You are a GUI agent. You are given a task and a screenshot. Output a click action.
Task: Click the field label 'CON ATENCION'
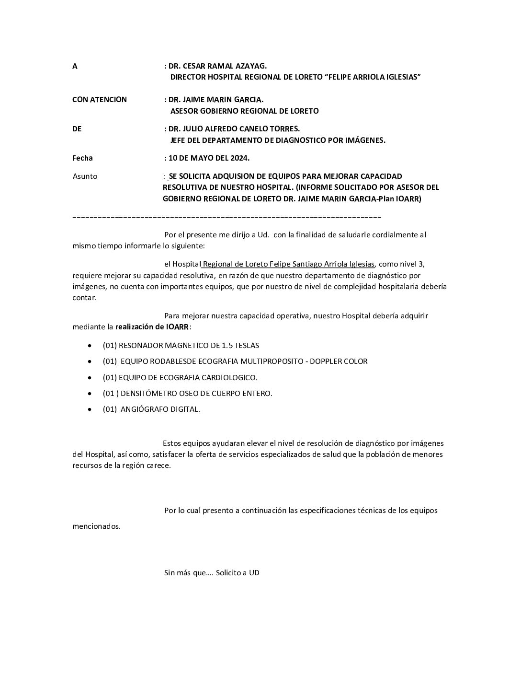tap(100, 100)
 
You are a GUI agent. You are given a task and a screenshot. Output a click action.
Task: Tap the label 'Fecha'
tap(82, 158)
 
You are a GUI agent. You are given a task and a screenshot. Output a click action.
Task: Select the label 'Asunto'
tap(85, 176)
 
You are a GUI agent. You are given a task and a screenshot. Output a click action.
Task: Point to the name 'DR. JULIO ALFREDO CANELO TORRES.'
tap(234, 129)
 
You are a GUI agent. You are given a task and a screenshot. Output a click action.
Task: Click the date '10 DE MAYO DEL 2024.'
tap(209, 158)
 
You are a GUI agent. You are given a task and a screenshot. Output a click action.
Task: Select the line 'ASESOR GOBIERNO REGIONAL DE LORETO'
tap(244, 111)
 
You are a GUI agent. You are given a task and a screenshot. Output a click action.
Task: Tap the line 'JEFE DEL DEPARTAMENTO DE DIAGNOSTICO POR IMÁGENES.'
tap(278, 140)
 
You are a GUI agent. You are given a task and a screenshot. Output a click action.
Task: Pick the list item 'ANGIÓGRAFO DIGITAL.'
tap(160, 409)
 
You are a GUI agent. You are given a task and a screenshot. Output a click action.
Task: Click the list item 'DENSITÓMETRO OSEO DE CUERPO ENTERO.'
tap(196, 394)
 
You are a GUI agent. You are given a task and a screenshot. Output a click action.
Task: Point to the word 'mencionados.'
tap(96, 526)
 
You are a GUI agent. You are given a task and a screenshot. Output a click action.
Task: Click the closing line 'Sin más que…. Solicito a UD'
tap(212, 573)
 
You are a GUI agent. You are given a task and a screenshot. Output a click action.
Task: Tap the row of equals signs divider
tap(227, 217)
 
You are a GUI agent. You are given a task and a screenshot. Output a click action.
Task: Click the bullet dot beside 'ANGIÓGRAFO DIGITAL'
tap(90, 410)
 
